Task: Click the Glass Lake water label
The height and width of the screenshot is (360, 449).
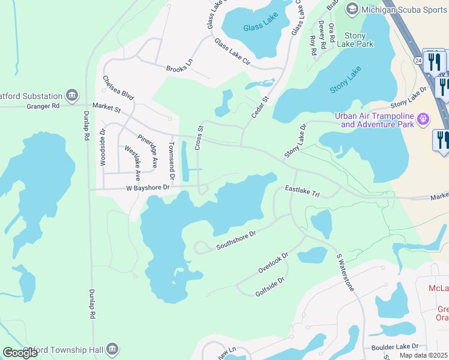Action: tap(259, 28)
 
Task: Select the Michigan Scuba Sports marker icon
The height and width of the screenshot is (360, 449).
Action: tap(352, 8)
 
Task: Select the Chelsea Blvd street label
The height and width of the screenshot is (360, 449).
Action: tap(118, 88)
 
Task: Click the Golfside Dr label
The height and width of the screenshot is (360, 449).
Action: tap(270, 284)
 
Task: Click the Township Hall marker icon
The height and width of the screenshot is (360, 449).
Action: tap(112, 349)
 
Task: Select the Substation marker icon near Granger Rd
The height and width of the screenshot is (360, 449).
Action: tap(72, 95)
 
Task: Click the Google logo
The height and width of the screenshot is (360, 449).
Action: tap(20, 353)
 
